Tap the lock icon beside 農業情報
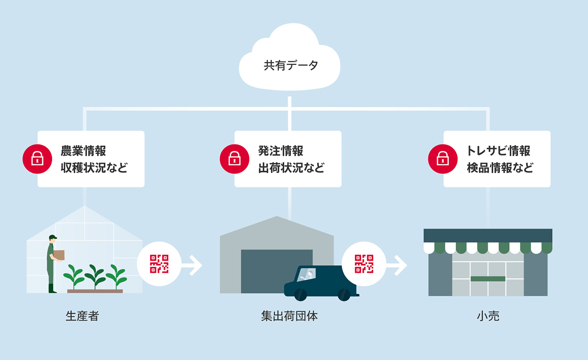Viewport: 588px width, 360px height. click(37, 159)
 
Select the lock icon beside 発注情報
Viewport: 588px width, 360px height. click(234, 159)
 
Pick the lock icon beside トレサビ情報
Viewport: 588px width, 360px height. click(443, 159)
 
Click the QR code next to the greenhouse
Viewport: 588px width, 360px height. click(159, 264)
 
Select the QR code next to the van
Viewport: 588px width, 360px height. click(364, 264)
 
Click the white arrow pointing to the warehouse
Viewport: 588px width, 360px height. click(193, 265)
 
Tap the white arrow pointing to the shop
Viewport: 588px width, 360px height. click(397, 265)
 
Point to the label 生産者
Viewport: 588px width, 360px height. click(82, 316)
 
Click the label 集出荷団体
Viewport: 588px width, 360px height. click(290, 316)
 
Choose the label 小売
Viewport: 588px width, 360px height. click(488, 316)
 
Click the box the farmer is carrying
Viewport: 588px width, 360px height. click(59, 255)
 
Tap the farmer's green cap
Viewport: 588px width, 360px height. click(53, 237)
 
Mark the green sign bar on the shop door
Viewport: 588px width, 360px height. click(488, 279)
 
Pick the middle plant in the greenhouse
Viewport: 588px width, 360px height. click(95, 276)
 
